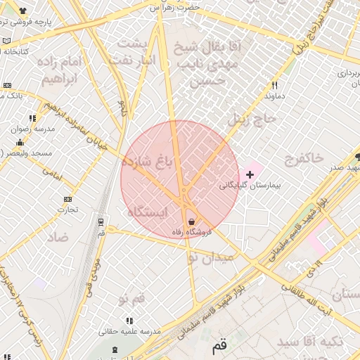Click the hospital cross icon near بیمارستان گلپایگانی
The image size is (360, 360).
coord(250,173)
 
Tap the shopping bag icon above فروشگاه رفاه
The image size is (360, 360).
coord(191,222)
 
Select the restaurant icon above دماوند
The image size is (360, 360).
coord(275,85)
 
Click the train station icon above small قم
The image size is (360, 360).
coord(101,221)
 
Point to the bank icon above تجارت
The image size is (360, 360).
coord(67,199)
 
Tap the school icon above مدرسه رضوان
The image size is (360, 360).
coord(32,118)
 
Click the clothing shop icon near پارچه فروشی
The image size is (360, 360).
coord(23,11)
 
